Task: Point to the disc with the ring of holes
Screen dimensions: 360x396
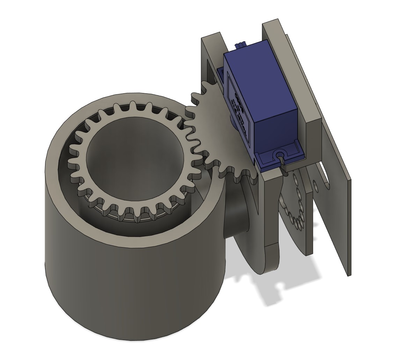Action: click(x=295, y=210)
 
